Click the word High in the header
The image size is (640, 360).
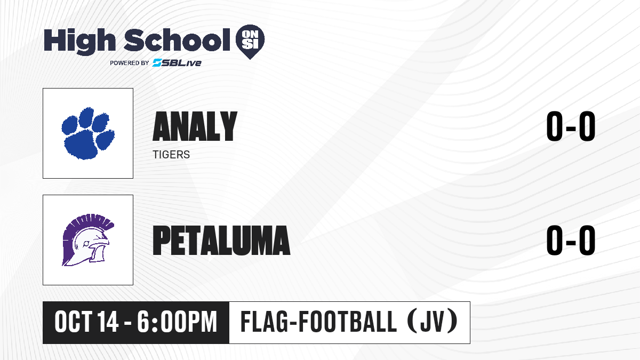79,42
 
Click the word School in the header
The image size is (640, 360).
177,40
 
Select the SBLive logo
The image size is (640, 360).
177,63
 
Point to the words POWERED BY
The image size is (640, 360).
130,63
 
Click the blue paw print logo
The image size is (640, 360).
88,133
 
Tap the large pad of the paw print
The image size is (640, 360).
81,145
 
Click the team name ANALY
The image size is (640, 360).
195,126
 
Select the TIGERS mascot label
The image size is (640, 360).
171,155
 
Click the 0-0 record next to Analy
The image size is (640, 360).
571,126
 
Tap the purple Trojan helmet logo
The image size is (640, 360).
88,240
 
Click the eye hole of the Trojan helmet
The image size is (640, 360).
86,244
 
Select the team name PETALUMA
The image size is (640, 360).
221,240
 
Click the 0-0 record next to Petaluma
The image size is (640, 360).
571,240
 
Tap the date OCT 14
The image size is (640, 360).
86,322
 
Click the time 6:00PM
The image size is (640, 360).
177,322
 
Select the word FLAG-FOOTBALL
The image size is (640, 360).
318,322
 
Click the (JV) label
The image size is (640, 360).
433,322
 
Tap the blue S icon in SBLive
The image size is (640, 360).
157,63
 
